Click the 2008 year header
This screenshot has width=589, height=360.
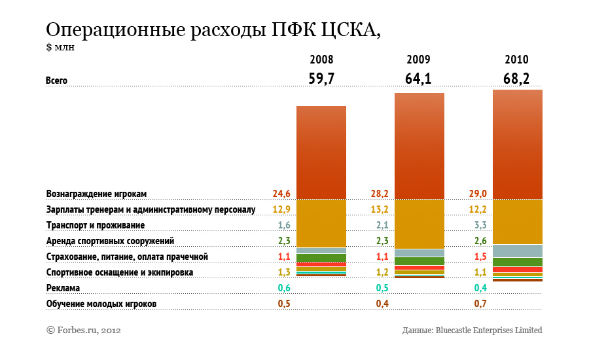coord(321,60)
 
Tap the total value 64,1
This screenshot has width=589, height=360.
coord(418,79)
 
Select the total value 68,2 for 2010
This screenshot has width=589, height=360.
coord(516,79)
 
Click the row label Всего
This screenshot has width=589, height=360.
coord(57,81)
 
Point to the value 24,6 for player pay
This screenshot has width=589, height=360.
coord(281,194)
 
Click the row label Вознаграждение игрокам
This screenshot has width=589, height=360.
coord(96,194)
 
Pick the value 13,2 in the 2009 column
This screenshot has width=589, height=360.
coord(380,210)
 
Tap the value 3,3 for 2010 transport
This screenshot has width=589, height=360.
coord(479,226)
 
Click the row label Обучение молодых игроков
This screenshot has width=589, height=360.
coord(101,304)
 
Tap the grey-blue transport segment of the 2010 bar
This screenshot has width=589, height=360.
coord(517,251)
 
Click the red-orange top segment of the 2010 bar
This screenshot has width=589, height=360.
coord(517,144)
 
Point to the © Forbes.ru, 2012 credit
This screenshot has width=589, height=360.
coord(83,331)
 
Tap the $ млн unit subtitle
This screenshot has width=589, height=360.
coord(60,46)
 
